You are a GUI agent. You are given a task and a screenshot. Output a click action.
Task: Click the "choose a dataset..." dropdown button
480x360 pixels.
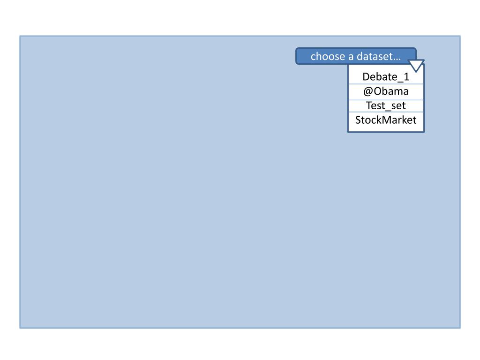tap(356, 56)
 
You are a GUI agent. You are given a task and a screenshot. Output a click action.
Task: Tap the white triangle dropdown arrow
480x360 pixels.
tap(416, 65)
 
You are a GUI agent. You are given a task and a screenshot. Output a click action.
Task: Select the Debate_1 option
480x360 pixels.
tap(386, 77)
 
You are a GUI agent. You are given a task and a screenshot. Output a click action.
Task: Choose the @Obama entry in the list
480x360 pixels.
tap(386, 91)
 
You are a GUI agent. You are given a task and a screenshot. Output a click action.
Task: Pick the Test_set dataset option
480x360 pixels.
tap(386, 105)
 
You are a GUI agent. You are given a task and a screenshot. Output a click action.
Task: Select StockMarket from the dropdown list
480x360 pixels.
tap(386, 120)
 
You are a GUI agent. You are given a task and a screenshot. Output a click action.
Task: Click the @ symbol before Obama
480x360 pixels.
tap(368, 91)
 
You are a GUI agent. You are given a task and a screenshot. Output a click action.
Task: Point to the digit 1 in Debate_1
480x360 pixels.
tap(406, 77)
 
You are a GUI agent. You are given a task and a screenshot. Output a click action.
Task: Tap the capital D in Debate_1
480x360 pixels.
tap(366, 77)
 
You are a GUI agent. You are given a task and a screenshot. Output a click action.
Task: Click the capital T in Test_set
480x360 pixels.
tap(369, 105)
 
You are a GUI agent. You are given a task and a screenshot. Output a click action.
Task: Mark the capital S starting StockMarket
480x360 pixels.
tap(358, 120)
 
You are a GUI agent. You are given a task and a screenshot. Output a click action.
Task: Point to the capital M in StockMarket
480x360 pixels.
tap(388, 120)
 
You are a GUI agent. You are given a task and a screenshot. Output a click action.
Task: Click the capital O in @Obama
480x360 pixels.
tap(377, 91)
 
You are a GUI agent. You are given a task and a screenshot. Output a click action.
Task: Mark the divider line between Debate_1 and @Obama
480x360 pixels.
tap(386, 84)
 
